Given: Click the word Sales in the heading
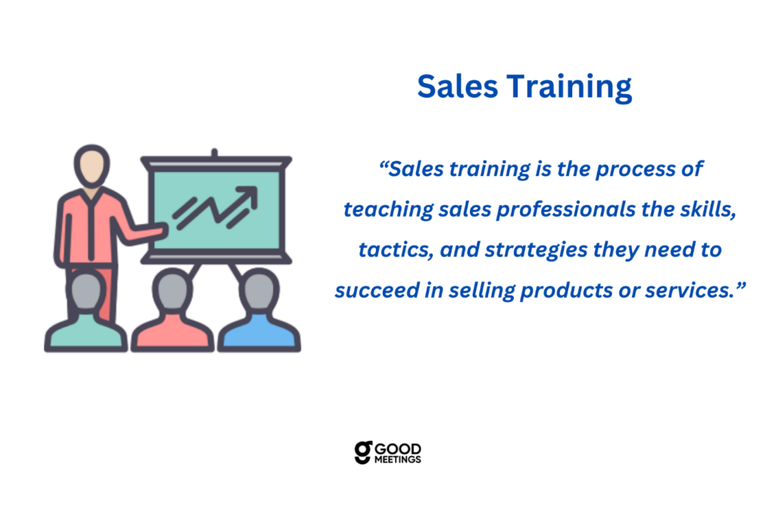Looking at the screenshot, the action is pos(457,86).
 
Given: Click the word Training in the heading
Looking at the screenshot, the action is pos(569,88).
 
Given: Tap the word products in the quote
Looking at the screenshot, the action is pos(566,290).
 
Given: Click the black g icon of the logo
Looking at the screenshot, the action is pos(363,453).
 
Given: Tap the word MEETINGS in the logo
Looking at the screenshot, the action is pos(397,459).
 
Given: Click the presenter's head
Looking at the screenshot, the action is pos(92,166).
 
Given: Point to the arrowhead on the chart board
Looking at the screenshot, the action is pos(249,195).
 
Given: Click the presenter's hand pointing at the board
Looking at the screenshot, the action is pos(158,229).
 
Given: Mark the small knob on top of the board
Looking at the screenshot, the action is pos(214,152).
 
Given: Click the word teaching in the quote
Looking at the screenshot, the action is pos(389,210).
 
